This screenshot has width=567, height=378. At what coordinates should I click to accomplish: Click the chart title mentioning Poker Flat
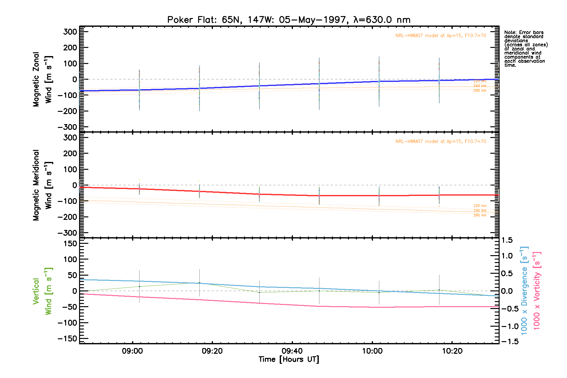coord(289,20)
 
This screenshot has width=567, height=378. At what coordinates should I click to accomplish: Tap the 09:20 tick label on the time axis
coord(212,351)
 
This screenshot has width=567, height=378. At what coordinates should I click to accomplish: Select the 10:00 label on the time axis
coord(372,351)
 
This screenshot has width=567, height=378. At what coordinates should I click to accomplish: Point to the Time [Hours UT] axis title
coord(289,359)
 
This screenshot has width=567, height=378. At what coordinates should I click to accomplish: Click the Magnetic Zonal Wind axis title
coord(43,79)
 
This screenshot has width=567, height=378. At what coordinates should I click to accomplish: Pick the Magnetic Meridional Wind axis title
coord(43,185)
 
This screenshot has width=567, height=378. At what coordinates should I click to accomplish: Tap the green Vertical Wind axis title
coord(43,291)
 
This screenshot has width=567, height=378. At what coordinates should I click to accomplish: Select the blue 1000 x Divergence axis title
coord(524,291)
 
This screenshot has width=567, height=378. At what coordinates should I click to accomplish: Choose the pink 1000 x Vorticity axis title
coord(537,291)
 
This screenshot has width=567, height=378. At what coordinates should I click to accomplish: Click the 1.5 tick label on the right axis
coord(507,240)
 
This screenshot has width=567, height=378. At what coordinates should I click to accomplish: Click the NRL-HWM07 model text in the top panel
coord(441,36)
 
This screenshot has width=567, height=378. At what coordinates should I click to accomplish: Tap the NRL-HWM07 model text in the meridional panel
coord(441,141)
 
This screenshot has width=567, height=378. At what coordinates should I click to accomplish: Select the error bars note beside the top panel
coord(526,49)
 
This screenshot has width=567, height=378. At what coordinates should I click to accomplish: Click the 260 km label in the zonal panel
coord(480,91)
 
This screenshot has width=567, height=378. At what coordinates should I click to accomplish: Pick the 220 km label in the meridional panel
coord(480,206)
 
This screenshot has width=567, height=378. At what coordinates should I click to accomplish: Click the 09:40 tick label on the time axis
coord(292,351)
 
